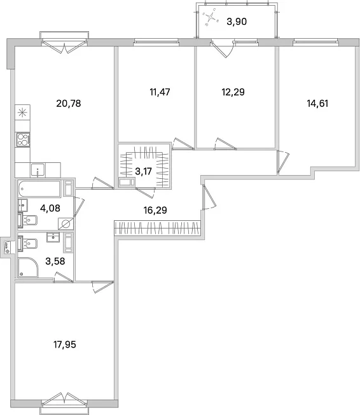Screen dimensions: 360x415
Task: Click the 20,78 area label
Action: coord(69,104)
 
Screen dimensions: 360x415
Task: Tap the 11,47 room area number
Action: coord(160,92)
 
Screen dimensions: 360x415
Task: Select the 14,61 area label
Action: coord(317,104)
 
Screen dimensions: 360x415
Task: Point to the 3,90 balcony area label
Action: coord(237,21)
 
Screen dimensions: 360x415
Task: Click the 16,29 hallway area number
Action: coord(155,210)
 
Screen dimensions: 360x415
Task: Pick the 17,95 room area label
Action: coord(64,344)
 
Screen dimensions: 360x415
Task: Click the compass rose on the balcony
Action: coord(211,17)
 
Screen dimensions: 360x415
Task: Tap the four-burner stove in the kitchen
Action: coord(23,139)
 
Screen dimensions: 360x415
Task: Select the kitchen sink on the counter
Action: coord(38,170)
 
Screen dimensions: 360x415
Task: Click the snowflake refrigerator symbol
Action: coord(22,112)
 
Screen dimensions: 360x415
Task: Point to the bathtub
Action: coord(39,188)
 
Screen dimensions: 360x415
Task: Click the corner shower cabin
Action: coord(28,267)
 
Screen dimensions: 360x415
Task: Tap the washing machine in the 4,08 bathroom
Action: coord(66,223)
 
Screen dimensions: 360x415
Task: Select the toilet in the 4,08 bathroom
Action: coord(27,220)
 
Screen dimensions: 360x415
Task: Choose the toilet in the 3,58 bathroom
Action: coord(27,243)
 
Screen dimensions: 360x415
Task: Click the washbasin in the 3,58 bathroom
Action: coord(53,237)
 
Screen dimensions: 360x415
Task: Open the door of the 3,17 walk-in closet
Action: coord(146,192)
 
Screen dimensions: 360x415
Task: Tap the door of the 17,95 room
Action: coord(102,286)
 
